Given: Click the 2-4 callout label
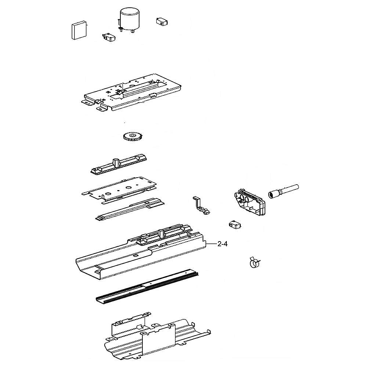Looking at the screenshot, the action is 222,244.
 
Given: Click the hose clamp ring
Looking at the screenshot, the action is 255,262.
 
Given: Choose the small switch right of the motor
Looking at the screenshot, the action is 162,22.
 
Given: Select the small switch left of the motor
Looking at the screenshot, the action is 109,37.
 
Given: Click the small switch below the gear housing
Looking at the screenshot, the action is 235,225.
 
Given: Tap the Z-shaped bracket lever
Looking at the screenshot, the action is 201,206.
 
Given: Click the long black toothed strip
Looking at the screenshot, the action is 147,287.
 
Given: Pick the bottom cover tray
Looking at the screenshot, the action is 157,339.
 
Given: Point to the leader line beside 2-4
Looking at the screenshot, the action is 211,244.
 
